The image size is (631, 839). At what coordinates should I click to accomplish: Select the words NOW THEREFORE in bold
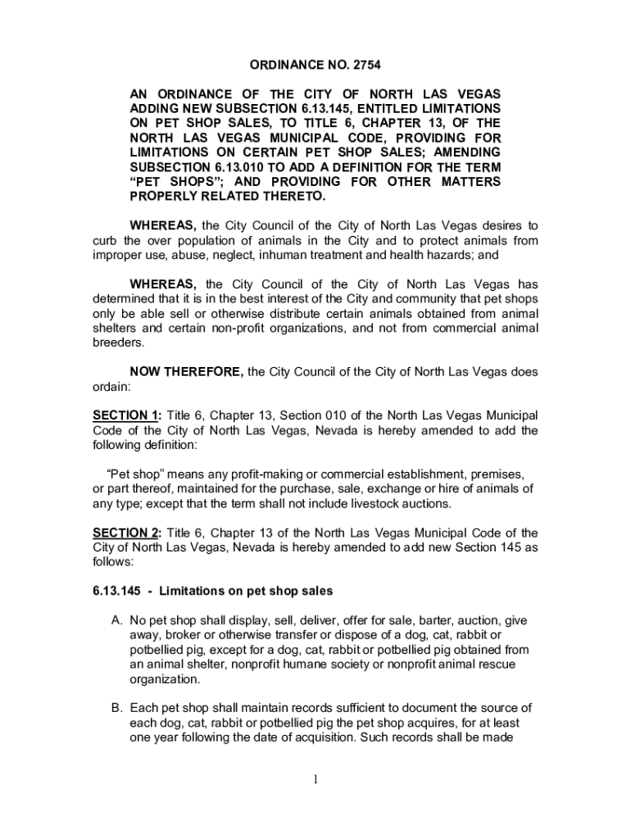coord(186,372)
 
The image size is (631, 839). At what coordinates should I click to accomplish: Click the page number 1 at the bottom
coord(315,778)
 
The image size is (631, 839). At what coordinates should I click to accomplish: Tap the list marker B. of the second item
coord(116,707)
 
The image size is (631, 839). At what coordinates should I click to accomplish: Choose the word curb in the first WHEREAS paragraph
coord(107,240)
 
